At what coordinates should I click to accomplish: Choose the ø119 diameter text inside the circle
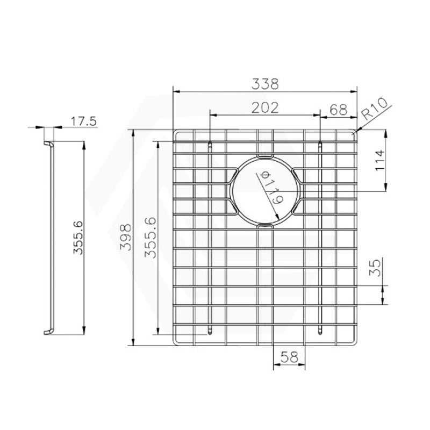[x=270, y=188]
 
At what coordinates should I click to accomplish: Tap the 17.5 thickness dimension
[x=83, y=121]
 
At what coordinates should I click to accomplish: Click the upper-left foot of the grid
[x=210, y=145]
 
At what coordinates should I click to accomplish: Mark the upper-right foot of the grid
[x=320, y=145]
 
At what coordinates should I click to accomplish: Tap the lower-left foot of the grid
[x=210, y=330]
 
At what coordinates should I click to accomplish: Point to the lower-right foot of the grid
[x=320, y=330]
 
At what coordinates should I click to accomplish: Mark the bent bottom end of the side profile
[x=48, y=330]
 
